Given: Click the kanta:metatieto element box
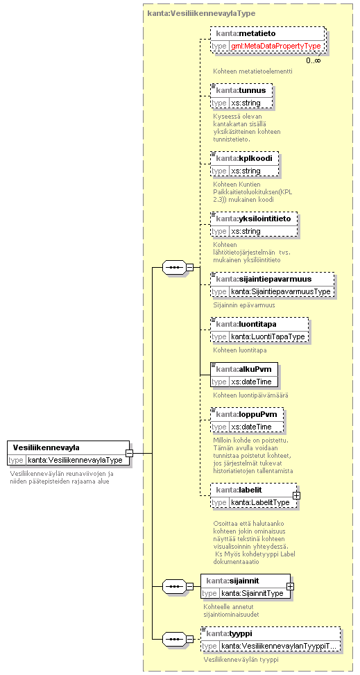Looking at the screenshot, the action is [x=268, y=40].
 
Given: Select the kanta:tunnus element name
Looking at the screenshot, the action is [x=241, y=90].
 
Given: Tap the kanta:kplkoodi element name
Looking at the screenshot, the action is [x=244, y=158].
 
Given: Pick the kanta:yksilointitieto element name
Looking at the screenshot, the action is [x=254, y=219].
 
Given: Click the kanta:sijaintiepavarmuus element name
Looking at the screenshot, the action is [x=270, y=279].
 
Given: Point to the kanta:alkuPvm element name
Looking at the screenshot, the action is [x=243, y=369].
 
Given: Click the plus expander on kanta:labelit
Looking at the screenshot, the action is [x=296, y=495].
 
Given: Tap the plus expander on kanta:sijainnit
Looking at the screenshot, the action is [x=290, y=586].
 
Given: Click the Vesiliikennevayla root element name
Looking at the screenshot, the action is [x=46, y=447].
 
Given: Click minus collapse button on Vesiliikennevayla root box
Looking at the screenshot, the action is [x=129, y=453].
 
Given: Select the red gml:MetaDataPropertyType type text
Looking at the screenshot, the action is [x=275, y=46].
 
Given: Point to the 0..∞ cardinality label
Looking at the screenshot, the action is [x=313, y=60].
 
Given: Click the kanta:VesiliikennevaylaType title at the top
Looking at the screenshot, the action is [x=201, y=13].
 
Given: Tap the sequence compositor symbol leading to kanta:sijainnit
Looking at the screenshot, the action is [x=174, y=586].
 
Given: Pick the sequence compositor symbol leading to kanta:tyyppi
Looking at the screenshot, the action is [x=174, y=639].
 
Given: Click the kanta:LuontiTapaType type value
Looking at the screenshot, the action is [x=268, y=336].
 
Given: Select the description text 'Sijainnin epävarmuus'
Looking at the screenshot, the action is [x=244, y=305].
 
